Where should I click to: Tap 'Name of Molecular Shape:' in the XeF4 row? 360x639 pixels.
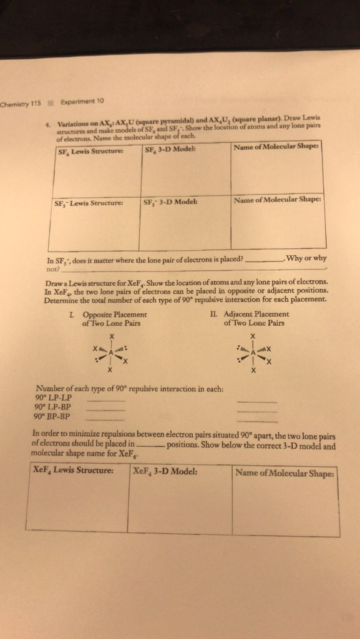click(x=286, y=472)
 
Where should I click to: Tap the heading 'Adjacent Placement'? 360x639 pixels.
click(x=256, y=314)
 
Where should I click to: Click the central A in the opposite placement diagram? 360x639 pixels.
click(x=111, y=353)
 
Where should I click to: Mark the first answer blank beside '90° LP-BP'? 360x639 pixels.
click(x=105, y=410)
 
